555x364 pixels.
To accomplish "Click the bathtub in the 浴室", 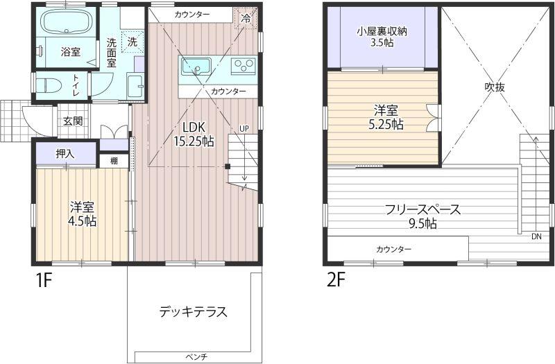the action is pyautogui.click(x=67, y=21).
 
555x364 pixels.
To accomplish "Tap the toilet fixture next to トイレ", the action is pyautogui.click(x=49, y=85).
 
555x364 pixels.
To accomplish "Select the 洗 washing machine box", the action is pyautogui.click(x=133, y=42).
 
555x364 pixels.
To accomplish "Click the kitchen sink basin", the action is pyautogui.click(x=196, y=67).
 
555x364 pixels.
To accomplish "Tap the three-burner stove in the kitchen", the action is pyautogui.click(x=243, y=66).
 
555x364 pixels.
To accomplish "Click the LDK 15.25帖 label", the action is pyautogui.click(x=194, y=135).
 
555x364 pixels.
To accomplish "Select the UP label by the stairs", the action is pyautogui.click(x=244, y=128).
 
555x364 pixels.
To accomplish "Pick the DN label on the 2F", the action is pyautogui.click(x=536, y=236).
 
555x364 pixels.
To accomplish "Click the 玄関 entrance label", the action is pyautogui.click(x=73, y=121).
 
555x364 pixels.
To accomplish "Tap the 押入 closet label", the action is pyautogui.click(x=65, y=154).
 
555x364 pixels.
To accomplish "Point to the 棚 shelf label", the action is pyautogui.click(x=114, y=161).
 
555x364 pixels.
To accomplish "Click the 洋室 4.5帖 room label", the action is pyautogui.click(x=83, y=214).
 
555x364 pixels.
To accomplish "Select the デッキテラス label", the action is pyautogui.click(x=193, y=311).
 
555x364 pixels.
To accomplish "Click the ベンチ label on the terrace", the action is pyautogui.click(x=196, y=356).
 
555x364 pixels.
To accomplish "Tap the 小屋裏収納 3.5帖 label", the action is pyautogui.click(x=382, y=37).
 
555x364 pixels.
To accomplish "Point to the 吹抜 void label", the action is pyautogui.click(x=495, y=87).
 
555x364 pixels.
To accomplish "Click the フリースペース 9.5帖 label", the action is pyautogui.click(x=422, y=216).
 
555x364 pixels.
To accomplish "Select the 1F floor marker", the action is pyautogui.click(x=44, y=281).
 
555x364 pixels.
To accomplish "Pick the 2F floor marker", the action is pyautogui.click(x=336, y=281).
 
